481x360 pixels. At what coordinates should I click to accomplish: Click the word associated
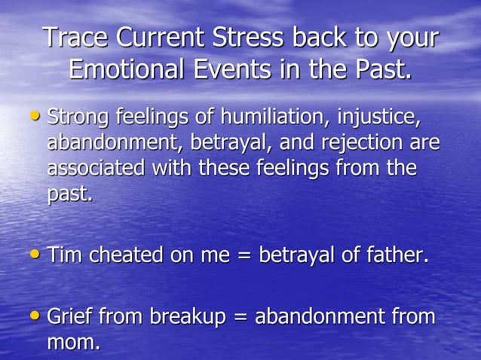click(96, 167)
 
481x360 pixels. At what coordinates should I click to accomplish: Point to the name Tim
click(65, 255)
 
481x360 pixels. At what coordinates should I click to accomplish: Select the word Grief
click(69, 317)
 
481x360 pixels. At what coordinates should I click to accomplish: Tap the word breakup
click(188, 318)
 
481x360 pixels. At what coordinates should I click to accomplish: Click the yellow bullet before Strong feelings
click(34, 117)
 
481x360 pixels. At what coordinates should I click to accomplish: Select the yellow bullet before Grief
click(34, 316)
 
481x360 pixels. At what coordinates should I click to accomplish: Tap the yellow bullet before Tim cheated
click(34, 255)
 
